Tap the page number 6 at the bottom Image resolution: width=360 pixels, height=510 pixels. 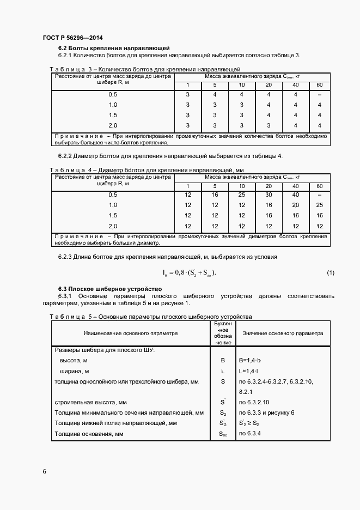[45, 471]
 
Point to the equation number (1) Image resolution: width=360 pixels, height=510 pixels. [330, 272]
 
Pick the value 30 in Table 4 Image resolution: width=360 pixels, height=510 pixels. [269, 195]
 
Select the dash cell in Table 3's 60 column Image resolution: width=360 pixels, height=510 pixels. [319, 94]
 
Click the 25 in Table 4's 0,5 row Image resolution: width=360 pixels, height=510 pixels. [242, 195]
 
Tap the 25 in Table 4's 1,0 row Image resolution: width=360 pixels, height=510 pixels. [319, 205]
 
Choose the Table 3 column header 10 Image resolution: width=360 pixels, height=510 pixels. [242, 85]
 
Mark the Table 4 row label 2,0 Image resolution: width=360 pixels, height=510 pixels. [113, 226]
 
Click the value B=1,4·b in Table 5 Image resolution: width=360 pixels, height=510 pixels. [251, 361]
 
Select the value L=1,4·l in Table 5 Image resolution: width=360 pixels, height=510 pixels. [249, 371]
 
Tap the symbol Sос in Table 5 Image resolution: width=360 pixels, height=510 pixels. [223, 434]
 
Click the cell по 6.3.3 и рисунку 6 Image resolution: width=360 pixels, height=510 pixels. [266, 412]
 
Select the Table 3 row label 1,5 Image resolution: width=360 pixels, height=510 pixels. [113, 115]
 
